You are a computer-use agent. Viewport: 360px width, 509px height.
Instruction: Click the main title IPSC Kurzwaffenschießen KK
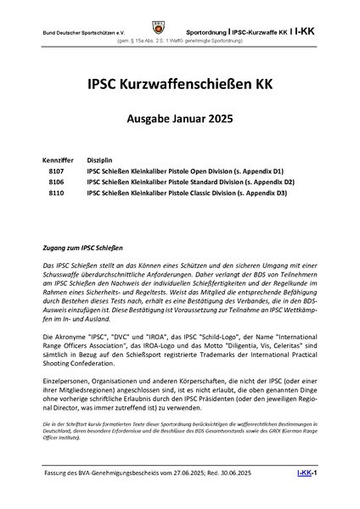(180, 84)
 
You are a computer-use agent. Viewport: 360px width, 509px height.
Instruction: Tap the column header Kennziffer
(56, 159)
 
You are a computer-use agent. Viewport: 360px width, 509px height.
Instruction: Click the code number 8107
(58, 171)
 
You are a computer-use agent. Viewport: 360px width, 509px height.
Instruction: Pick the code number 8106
(58, 182)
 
